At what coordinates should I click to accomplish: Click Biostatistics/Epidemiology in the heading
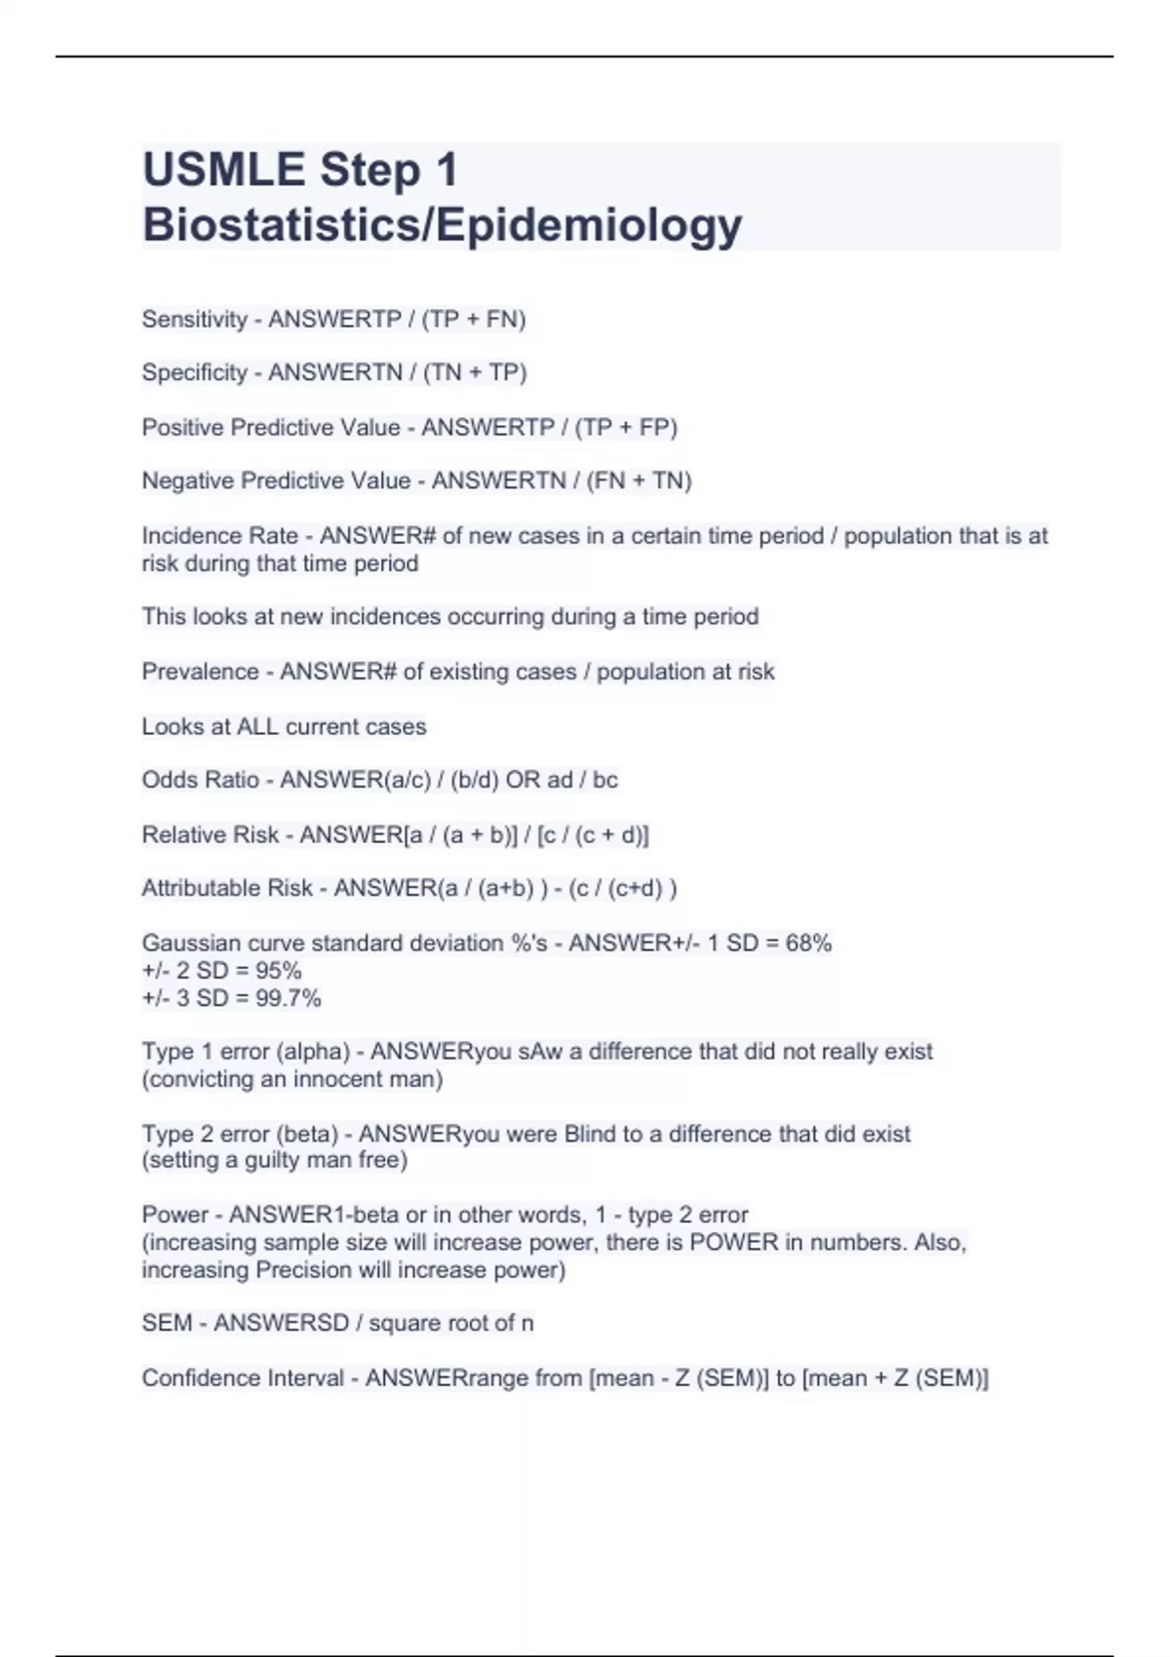click(x=442, y=225)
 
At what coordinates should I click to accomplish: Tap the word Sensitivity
click(x=194, y=320)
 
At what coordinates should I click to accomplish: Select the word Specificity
click(x=194, y=373)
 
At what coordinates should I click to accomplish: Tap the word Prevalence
click(x=200, y=672)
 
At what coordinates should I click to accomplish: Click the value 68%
click(x=808, y=944)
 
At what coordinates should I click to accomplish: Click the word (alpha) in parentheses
click(x=313, y=1052)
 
